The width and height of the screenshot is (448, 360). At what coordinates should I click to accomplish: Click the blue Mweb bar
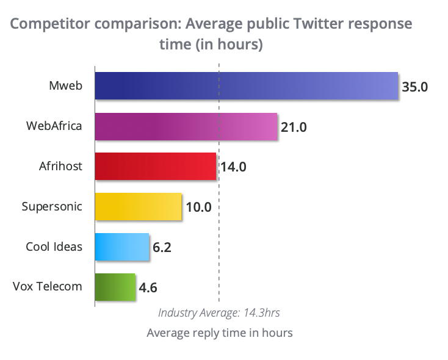(247, 85)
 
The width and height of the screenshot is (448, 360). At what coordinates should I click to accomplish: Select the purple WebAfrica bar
(186, 126)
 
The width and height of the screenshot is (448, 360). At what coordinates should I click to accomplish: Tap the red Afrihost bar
(156, 166)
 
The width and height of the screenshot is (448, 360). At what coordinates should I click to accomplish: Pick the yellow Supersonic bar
(139, 206)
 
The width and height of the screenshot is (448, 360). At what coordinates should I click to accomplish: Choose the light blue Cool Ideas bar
(122, 247)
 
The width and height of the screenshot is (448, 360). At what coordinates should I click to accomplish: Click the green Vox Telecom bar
(115, 287)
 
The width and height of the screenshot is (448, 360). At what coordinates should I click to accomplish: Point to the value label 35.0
(415, 86)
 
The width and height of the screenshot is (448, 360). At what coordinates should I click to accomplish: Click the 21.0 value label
(294, 127)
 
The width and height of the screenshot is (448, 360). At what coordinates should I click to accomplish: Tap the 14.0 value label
(233, 167)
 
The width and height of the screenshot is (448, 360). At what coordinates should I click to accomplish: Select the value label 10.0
(198, 207)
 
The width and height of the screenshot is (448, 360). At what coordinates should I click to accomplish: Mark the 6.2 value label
(162, 247)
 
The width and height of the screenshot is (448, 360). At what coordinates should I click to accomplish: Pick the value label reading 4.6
(148, 287)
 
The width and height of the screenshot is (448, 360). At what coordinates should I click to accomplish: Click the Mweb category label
(65, 85)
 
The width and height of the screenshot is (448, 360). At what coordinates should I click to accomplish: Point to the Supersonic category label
(52, 206)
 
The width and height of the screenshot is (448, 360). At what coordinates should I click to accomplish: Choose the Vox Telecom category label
(47, 286)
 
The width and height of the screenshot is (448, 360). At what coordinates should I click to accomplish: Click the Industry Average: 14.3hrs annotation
(219, 312)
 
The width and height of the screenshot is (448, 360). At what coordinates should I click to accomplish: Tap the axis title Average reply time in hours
(220, 333)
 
